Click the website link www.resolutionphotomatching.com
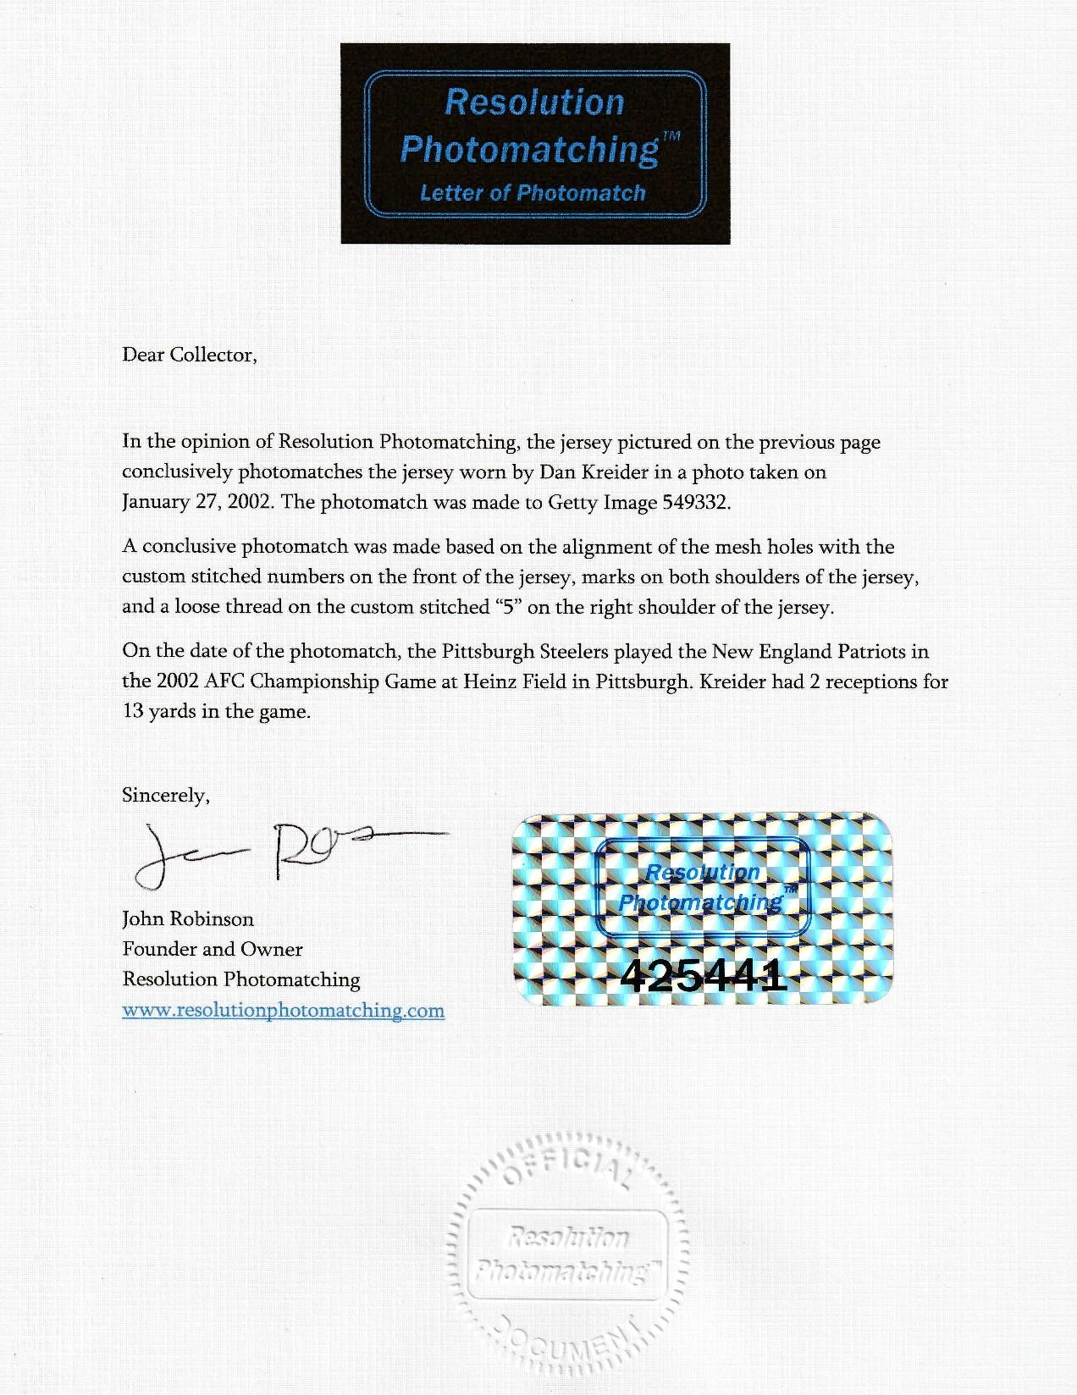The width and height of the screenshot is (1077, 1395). pyautogui.click(x=283, y=1010)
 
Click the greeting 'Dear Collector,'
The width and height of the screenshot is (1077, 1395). pyautogui.click(x=190, y=354)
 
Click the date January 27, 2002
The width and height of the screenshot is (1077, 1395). pyautogui.click(x=196, y=502)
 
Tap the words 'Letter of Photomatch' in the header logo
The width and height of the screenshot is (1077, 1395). pyautogui.click(x=533, y=193)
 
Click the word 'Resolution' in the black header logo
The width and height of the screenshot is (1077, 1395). pyautogui.click(x=534, y=102)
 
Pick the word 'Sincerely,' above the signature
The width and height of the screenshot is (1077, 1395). pyautogui.click(x=166, y=795)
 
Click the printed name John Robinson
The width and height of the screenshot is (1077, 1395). pyautogui.click(x=188, y=918)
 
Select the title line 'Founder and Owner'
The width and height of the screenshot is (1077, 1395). pyautogui.click(x=213, y=949)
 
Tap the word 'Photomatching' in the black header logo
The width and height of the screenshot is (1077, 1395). pyautogui.click(x=529, y=149)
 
